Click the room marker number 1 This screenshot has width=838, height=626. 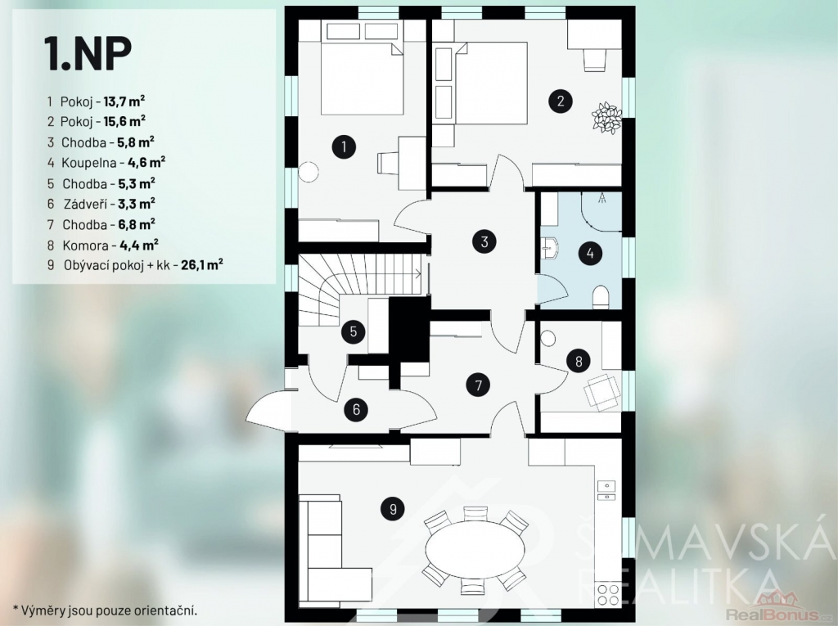click(344, 146)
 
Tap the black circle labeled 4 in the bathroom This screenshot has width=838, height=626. click(590, 253)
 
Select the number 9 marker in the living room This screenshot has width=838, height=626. click(393, 509)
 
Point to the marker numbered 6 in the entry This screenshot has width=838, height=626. click(357, 409)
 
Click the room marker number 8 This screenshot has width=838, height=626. click(579, 362)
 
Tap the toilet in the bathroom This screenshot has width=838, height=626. click(601, 297)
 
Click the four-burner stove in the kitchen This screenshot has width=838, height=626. click(608, 596)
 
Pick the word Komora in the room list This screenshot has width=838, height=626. click(85, 245)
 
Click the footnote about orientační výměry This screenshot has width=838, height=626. click(106, 610)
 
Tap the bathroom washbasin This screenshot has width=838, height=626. click(550, 249)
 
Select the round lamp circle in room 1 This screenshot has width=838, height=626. click(309, 172)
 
